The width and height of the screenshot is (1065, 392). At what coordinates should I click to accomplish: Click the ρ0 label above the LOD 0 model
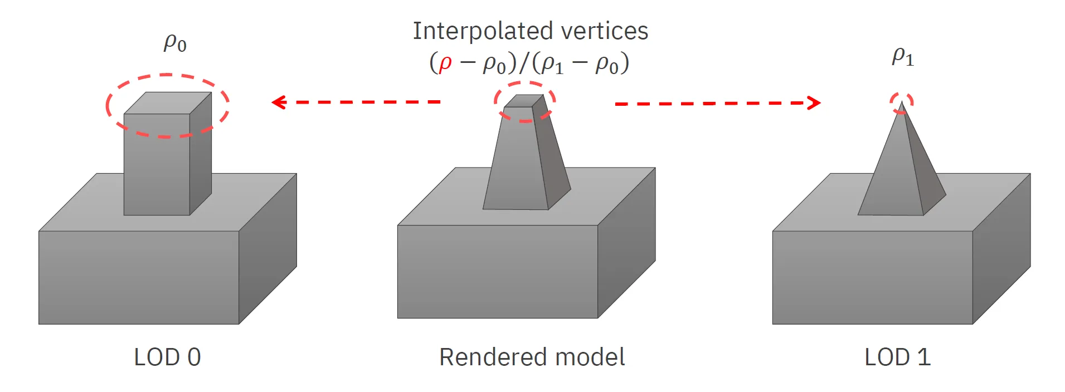[x=175, y=43]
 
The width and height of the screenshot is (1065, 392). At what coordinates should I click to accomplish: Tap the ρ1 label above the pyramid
[x=903, y=56]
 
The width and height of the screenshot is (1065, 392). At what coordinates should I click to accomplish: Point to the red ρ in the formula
[x=445, y=63]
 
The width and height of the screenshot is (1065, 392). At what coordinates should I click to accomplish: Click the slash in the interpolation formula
[x=524, y=63]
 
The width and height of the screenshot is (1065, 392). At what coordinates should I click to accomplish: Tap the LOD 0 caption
[x=167, y=357]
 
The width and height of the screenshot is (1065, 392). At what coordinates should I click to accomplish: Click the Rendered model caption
[x=532, y=357]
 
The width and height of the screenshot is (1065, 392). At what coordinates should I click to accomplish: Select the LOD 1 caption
[x=897, y=357]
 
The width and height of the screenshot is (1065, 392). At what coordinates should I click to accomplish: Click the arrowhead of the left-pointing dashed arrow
[x=278, y=102]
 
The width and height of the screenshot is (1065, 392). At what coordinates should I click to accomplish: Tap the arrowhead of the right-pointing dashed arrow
[x=815, y=103]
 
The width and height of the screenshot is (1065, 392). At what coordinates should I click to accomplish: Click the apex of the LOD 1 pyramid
[x=901, y=103]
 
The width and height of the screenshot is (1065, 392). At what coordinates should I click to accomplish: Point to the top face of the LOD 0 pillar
[x=167, y=103]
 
